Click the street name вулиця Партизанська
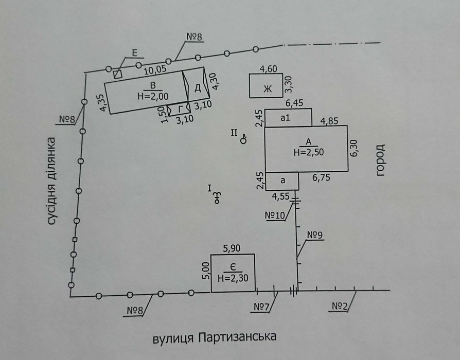click(215, 337)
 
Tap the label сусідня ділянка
click(51, 181)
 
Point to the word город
click(380, 160)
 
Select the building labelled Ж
click(266, 85)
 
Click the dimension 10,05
click(155, 70)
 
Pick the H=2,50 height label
click(309, 152)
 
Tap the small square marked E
click(118, 74)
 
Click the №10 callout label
click(275, 215)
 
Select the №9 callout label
click(315, 235)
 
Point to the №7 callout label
click(261, 307)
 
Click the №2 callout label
click(340, 306)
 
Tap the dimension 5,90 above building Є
click(232, 248)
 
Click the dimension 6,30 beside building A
click(354, 148)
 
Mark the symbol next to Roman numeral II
click(243, 139)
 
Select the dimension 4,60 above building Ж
click(269, 69)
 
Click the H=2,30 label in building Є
click(233, 278)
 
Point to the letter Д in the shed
click(198, 87)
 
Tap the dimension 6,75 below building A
click(321, 177)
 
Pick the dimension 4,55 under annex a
click(281, 196)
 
